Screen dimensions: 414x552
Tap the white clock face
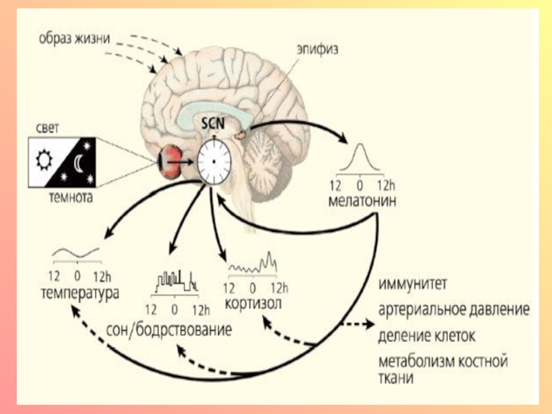pos(215,160)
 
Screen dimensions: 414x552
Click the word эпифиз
pos(319,50)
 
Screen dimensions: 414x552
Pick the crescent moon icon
pos(78,164)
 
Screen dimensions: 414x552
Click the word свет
pos(45,128)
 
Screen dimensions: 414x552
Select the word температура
pos(78,293)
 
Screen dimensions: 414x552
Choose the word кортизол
pos(254,304)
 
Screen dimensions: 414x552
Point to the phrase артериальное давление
pos(453,310)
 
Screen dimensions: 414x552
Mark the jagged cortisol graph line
pos(255,264)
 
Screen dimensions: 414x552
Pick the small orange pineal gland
pos(239,137)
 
